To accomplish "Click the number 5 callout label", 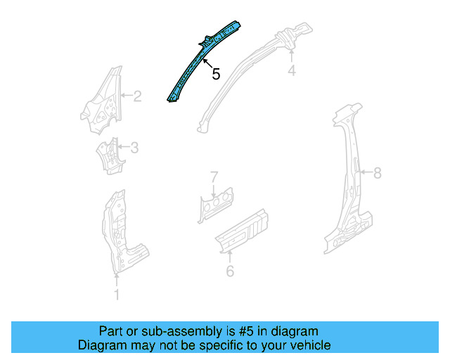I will pos(216,72).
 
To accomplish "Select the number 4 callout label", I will pos(291,70).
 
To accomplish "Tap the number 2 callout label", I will pos(137,96).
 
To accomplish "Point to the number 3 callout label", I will pos(134,148).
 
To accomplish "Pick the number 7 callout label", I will pos(215,176).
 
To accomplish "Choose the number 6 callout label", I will pos(230,271).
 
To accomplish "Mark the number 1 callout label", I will pos(117,295).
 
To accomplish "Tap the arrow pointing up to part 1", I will pos(117,280).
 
